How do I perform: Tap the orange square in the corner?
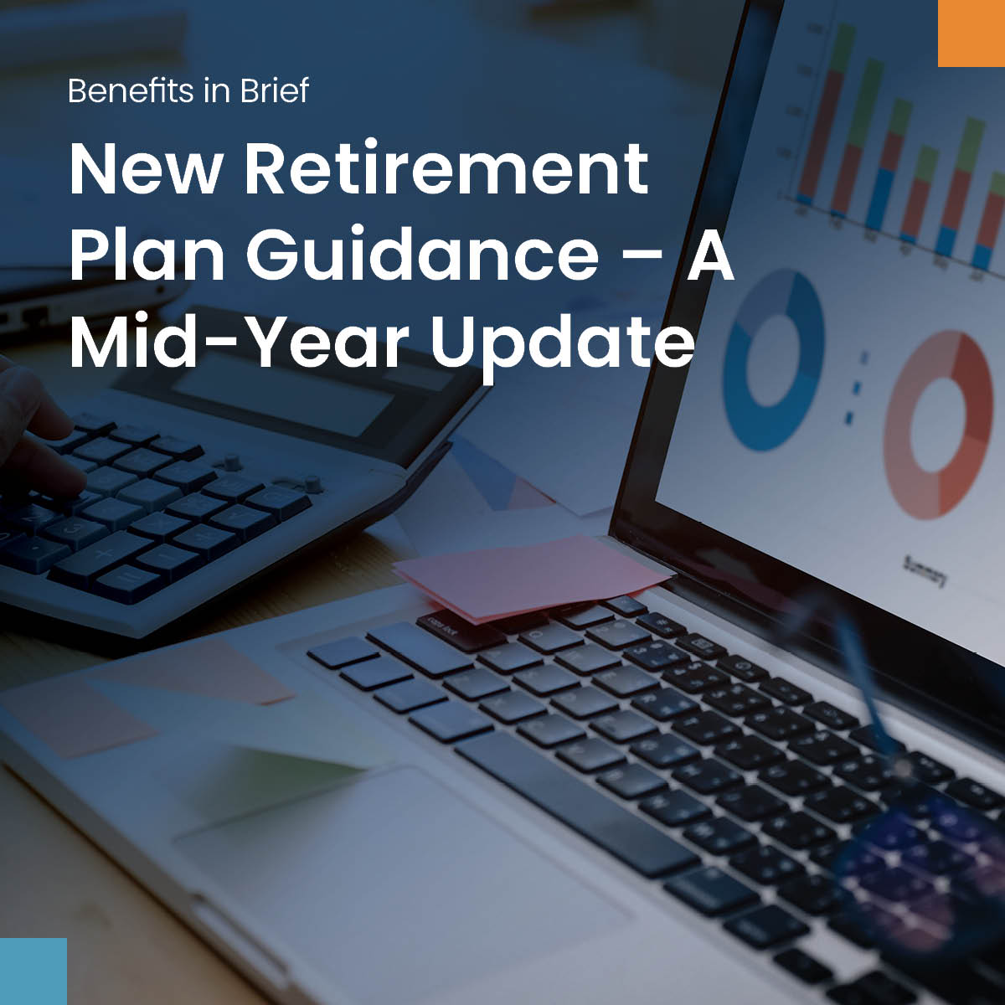[971, 33]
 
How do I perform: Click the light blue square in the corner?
[33, 971]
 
